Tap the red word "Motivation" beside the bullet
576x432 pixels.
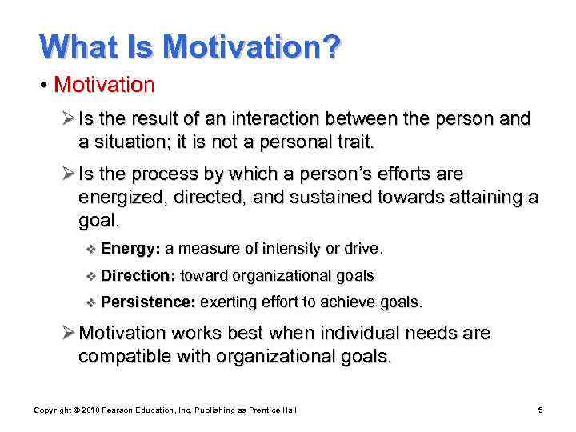pos(103,83)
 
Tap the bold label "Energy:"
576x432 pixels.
pos(131,249)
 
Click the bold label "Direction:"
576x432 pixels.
pos(138,276)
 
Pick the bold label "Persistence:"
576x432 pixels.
pos(148,302)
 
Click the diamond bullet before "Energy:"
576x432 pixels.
pos(89,249)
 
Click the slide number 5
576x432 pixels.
pos(540,410)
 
